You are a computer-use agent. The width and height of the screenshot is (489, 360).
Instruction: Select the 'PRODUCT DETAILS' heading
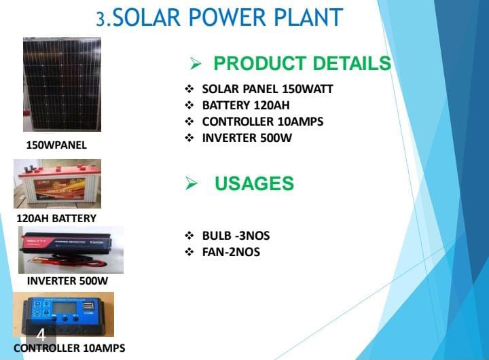pos(302,64)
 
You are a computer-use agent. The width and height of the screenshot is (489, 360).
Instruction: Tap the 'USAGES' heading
pos(254,183)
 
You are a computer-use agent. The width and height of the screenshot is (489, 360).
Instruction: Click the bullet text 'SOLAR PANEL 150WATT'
pos(268,89)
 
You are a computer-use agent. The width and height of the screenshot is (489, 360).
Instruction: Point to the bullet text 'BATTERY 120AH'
pos(246,105)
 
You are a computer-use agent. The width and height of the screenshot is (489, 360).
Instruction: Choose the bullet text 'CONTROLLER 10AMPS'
pos(262,122)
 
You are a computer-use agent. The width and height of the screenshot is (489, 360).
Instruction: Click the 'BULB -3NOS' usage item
pos(236,236)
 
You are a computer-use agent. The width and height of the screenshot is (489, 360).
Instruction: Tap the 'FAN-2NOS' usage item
pos(231,252)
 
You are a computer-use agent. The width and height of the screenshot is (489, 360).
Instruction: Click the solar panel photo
pos(62,84)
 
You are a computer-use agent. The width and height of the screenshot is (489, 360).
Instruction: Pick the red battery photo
pos(58,183)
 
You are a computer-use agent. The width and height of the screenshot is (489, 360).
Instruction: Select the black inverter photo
pos(71,249)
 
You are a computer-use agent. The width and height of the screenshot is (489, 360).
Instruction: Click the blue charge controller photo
pos(64,314)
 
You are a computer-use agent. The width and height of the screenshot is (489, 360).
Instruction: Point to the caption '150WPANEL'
pos(56,145)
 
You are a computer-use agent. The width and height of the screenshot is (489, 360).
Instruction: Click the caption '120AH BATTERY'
pos(56,219)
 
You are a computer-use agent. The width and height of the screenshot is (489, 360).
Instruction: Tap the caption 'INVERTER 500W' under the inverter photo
pos(67,281)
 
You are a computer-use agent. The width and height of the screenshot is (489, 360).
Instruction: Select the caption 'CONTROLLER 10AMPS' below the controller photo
pos(69,348)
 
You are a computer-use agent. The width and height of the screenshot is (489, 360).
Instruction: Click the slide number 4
pos(41,335)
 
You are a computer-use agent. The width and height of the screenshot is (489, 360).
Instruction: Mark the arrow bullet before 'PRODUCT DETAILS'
pos(196,65)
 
